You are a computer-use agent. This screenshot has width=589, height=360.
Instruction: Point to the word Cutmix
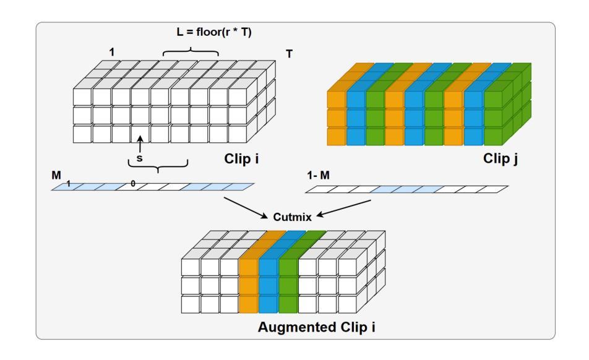click(290, 217)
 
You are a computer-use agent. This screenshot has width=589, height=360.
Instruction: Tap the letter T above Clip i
click(288, 54)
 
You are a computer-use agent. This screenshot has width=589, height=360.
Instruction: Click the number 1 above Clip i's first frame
click(112, 52)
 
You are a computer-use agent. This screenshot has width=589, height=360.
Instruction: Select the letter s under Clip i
click(139, 158)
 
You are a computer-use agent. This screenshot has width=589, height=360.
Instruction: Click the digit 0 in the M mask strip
click(132, 184)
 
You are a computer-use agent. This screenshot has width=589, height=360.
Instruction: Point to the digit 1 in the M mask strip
click(68, 184)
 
